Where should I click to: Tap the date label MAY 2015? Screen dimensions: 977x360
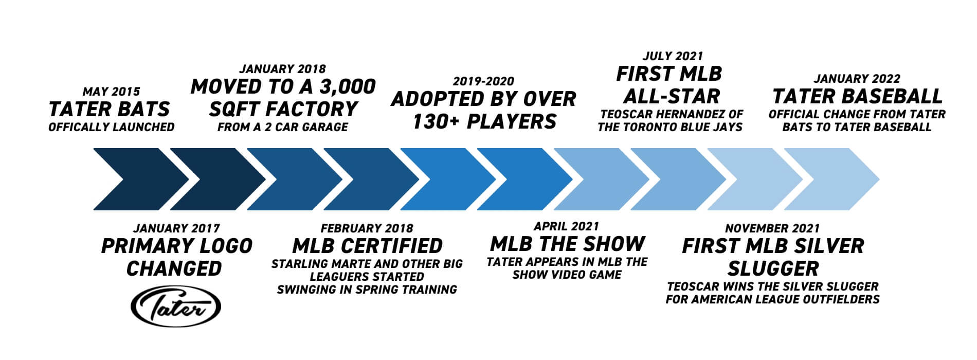tap(111, 92)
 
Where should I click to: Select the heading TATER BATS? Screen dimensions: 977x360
tap(109, 109)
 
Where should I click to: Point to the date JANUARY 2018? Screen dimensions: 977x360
tap(283, 69)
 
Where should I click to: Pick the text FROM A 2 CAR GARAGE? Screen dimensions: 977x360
tap(283, 127)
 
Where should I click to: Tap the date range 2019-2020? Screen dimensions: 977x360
tap(483, 81)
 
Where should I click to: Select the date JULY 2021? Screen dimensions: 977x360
tap(673, 56)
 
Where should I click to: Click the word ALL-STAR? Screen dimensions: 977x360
tap(671, 97)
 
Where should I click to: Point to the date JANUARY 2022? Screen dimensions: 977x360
tap(857, 79)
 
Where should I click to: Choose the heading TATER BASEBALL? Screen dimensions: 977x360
tap(857, 97)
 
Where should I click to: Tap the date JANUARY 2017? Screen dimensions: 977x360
tap(176, 228)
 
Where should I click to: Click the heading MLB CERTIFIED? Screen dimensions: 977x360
tap(367, 246)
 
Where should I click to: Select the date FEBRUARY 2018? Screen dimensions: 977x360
tap(367, 228)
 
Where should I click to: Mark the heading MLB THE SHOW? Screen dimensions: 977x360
tap(567, 243)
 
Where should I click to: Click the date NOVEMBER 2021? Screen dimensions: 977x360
tap(772, 228)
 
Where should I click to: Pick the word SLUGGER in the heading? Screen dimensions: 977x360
tap(773, 268)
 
